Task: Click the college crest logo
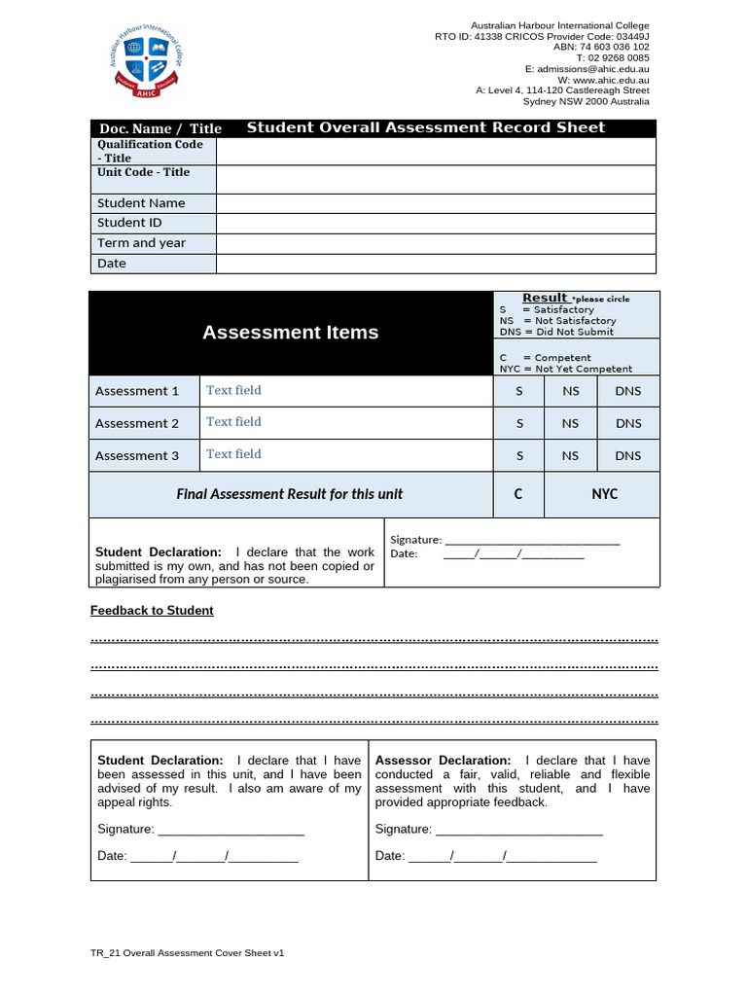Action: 145,61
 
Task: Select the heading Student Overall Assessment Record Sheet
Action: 425,127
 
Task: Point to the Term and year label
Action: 141,243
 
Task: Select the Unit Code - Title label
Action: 143,172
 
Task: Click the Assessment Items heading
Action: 290,333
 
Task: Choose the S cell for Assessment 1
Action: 519,391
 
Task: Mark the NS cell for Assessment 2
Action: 570,423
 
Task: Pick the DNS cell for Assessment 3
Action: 628,455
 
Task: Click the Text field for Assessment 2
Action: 233,422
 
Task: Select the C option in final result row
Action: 518,494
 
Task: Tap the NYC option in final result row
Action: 604,494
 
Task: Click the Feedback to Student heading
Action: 152,611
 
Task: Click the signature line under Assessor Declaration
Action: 519,831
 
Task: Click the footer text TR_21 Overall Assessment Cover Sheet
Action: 187,954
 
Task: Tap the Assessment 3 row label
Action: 137,455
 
